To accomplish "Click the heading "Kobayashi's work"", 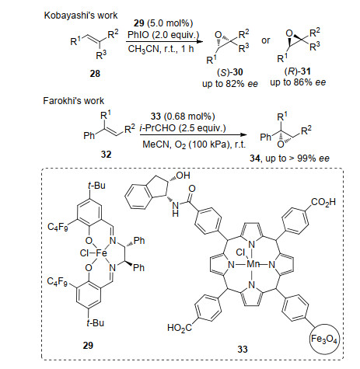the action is coord(81,16).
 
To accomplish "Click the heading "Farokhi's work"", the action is coord(73,101).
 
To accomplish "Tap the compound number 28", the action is coord(95,74).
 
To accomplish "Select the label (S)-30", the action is coord(230,72).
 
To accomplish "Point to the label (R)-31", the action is coord(298,71).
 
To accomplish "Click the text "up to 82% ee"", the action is coord(230,84).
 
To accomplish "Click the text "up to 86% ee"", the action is coord(298,82).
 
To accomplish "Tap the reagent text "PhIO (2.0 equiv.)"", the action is coord(163,35).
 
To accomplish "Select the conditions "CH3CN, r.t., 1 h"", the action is coord(161,49).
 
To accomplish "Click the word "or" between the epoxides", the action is coord(266,40).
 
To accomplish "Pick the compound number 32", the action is coord(106,155).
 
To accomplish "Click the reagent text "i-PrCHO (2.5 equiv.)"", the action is coord(183,128).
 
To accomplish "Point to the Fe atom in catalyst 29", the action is coord(101,253).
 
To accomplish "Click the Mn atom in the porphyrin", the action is coord(253,264).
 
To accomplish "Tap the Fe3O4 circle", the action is coord(324,338).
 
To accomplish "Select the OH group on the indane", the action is coord(183,176).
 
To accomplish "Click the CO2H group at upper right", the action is coord(323,202).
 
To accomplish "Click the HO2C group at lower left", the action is coord(180,328).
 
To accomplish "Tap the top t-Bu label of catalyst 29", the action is coord(96,186).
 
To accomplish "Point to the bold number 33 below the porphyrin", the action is coord(243,350).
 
